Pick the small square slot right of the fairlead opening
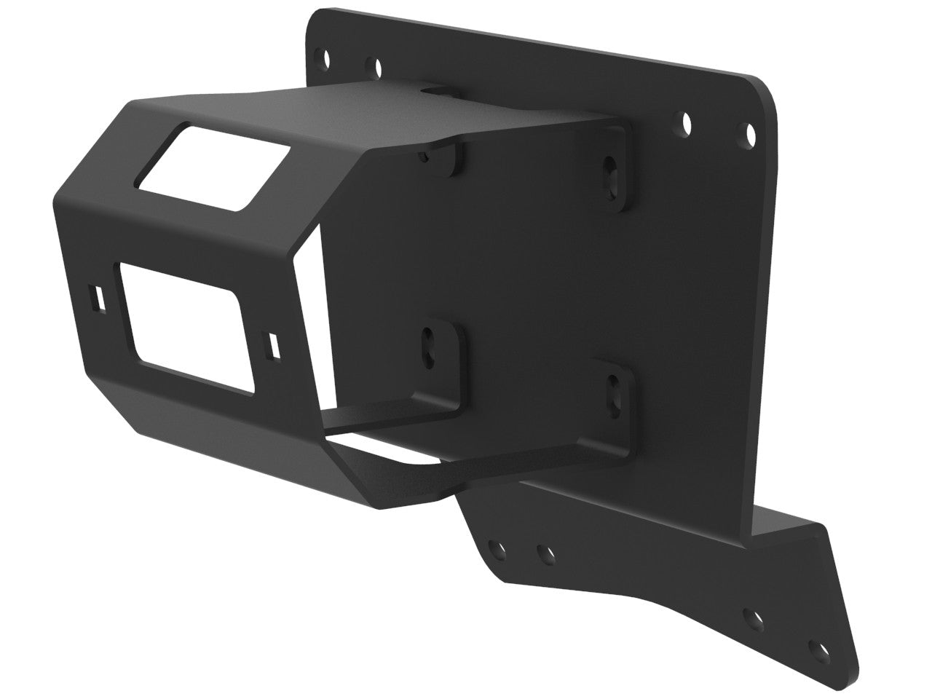(x=274, y=345)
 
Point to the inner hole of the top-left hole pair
(x=376, y=68)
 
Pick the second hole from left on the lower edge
(x=542, y=555)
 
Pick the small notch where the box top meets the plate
(x=439, y=92)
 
